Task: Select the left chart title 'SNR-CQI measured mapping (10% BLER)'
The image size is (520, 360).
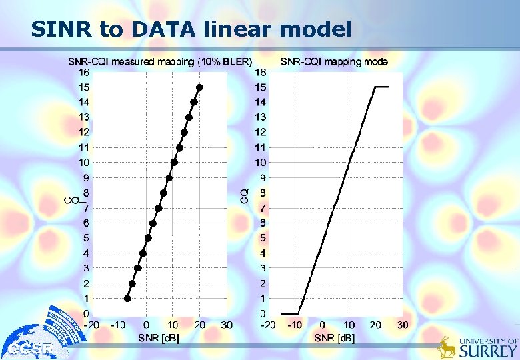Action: tap(160, 61)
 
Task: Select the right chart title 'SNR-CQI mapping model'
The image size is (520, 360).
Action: tap(335, 61)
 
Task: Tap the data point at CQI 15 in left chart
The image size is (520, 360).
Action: tap(199, 87)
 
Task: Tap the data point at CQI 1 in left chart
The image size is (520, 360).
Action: tap(127, 299)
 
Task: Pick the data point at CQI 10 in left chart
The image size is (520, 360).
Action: tap(174, 163)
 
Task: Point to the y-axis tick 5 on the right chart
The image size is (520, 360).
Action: tap(263, 238)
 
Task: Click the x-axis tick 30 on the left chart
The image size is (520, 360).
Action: tap(227, 325)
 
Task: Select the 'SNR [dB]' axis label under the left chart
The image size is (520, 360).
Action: tap(159, 337)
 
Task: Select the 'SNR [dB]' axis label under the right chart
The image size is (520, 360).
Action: tap(335, 337)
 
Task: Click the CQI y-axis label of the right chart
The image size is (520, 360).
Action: tap(244, 194)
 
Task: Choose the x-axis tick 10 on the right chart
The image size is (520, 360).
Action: tap(349, 325)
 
